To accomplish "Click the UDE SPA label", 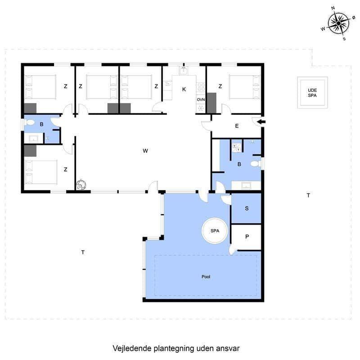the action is [312, 93].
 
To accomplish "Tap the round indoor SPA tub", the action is [215, 231].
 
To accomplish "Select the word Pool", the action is [206, 277].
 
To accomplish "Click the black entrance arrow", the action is [261, 122].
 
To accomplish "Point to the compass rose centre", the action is [338, 23].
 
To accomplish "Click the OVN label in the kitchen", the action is [201, 99].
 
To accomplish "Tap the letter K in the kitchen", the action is [184, 89].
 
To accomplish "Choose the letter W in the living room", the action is [145, 151].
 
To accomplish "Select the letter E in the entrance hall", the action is [237, 126].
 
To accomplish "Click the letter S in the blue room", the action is [247, 208].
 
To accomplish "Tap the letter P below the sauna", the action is [247, 237].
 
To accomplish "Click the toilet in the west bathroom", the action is [29, 122].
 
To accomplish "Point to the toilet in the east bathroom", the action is [255, 164].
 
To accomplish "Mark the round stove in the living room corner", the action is [81, 185].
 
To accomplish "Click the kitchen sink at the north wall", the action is [184, 71].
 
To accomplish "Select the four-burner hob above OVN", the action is [201, 87].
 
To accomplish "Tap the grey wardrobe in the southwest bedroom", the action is [30, 151].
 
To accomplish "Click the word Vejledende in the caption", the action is [132, 348].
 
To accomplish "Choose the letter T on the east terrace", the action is [308, 195].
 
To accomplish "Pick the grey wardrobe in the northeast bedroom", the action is [211, 103].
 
